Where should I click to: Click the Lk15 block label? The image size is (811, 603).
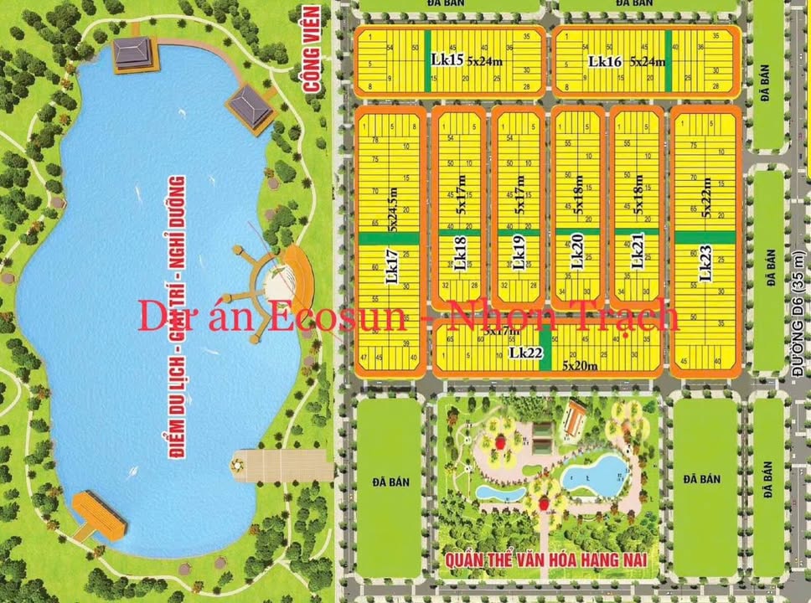click(x=447, y=60)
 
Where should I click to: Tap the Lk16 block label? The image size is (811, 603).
click(x=604, y=60)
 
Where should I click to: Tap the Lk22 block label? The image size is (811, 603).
click(x=526, y=353)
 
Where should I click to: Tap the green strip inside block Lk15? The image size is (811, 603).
click(x=426, y=60)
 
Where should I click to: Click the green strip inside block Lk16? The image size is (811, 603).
click(x=669, y=60)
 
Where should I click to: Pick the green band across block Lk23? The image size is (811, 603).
click(x=705, y=237)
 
